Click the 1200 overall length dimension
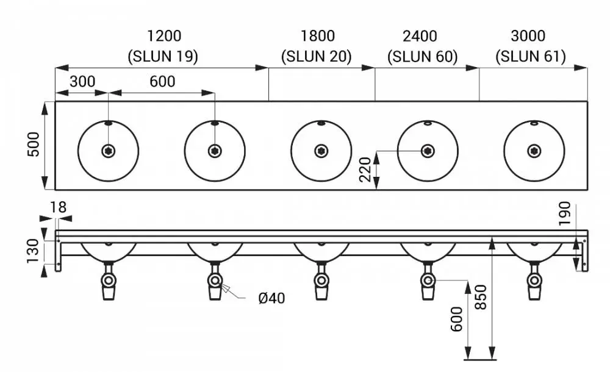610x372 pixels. tap(164, 36)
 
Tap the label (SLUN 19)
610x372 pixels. tap(163, 57)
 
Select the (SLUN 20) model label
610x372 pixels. tap(316, 57)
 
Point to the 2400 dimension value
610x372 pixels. tap(420, 36)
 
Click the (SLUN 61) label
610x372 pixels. tap(531, 57)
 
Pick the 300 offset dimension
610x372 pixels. tap(82, 82)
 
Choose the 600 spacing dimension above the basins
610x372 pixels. tap(162, 82)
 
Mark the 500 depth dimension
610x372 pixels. tap(34, 145)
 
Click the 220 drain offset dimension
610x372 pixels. tap(365, 170)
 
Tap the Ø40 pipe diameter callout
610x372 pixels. tap(271, 298)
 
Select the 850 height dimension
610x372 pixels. tap(481, 297)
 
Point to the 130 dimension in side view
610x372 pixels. tap(34, 251)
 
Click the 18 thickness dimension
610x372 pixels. tap(58, 207)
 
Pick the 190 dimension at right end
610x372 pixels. tap(564, 213)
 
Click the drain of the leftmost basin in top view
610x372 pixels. tap(108, 151)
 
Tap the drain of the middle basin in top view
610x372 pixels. tap(321, 151)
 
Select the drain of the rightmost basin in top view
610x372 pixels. tap(534, 151)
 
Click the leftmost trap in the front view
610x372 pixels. tap(109, 281)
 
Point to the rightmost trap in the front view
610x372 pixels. tap(534, 281)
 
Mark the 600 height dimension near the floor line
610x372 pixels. tap(457, 320)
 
